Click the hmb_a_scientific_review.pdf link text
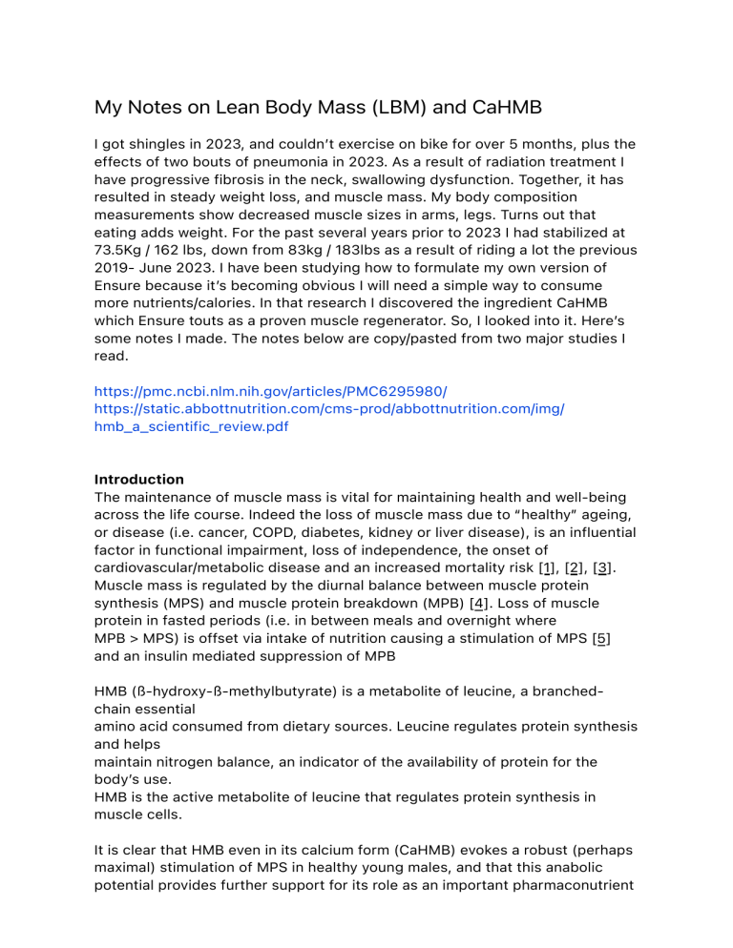pyautogui.click(x=191, y=427)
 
